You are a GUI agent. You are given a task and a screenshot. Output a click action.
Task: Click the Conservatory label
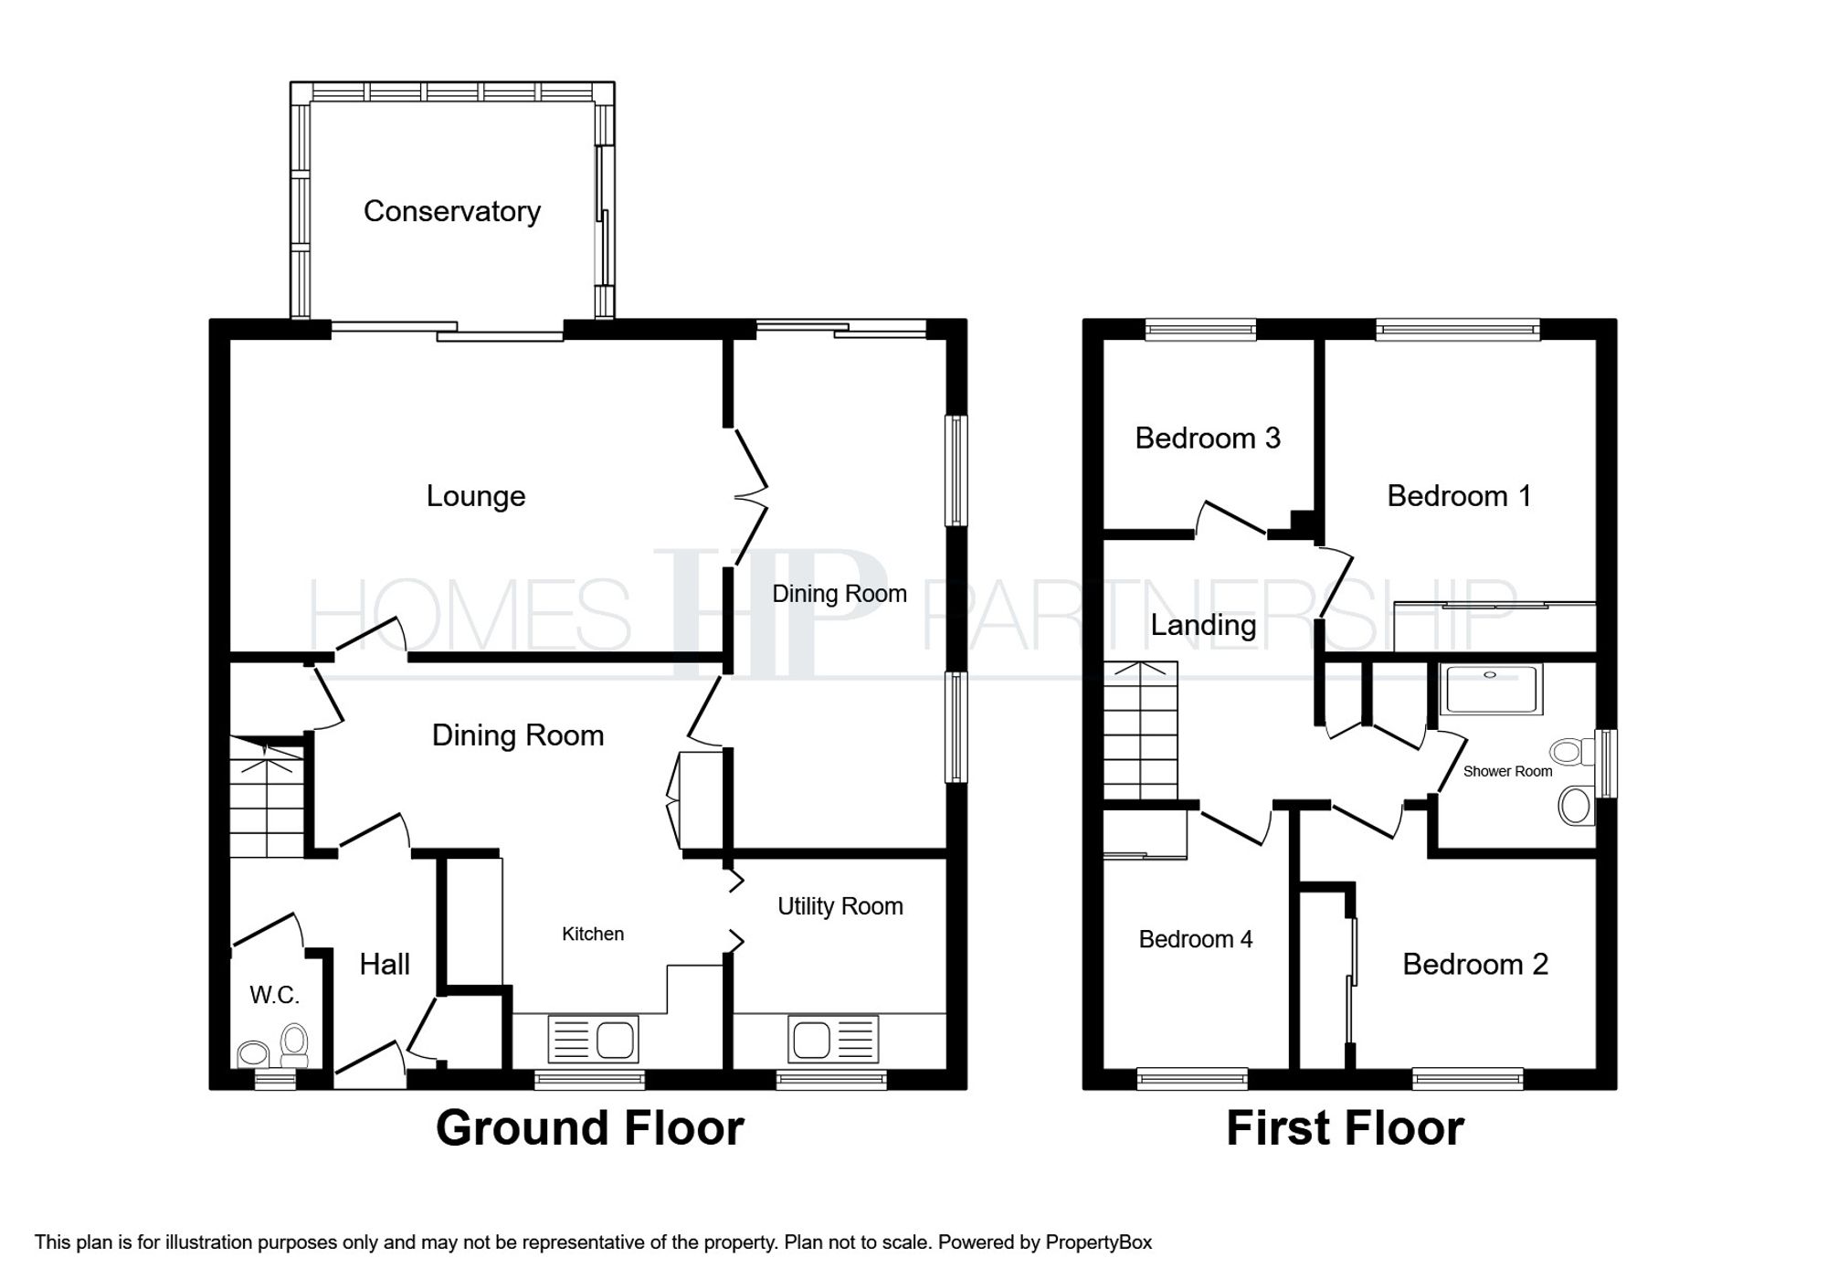452,212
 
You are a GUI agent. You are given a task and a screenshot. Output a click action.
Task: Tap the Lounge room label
476,496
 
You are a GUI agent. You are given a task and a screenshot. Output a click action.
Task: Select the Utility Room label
840,906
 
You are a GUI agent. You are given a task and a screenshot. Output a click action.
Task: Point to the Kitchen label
593,934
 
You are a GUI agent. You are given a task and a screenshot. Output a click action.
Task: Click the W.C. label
274,995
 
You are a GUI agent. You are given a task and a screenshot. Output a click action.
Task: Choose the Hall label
385,964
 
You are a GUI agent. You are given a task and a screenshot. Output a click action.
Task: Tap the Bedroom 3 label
1208,439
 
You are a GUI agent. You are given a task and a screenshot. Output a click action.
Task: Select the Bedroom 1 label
1459,496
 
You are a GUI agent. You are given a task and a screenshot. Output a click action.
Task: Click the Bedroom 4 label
1196,939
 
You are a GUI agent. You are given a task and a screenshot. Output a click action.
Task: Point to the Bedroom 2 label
1475,965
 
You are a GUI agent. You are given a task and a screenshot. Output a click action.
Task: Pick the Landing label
1203,626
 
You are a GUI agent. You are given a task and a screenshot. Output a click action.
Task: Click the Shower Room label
1507,771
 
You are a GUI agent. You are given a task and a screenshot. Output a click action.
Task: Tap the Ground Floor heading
590,1128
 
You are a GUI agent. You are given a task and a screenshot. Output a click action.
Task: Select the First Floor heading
1345,1128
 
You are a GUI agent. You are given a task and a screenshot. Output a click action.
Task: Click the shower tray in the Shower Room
1491,689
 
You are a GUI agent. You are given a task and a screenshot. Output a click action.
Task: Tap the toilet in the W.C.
294,1046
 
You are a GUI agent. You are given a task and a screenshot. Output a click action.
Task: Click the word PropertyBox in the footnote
1099,1242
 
